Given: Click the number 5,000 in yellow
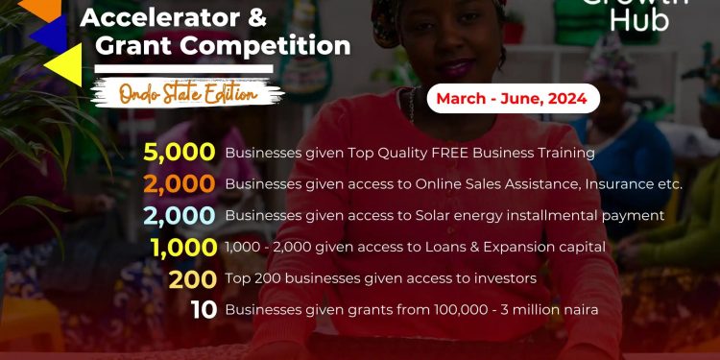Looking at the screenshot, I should (180, 152).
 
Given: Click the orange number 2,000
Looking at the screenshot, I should (180, 183).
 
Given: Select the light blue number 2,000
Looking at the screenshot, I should (180, 214).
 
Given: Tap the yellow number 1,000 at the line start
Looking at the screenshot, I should (183, 247).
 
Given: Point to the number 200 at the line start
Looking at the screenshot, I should (192, 278).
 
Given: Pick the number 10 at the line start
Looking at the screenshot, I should (203, 309).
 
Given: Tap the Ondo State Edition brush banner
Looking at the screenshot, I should (187, 94).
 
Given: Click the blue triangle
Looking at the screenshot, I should (48, 34).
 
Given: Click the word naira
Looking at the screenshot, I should (573, 309).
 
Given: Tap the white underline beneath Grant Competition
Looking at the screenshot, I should (182, 68).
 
